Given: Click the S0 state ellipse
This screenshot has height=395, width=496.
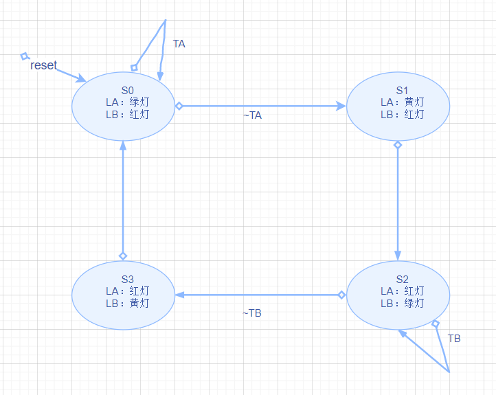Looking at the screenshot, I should point(123,104).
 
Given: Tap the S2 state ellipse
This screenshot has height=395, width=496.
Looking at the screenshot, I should point(398,295).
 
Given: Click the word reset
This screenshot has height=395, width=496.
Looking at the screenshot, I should point(44,66).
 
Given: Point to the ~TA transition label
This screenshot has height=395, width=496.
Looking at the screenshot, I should point(252,115).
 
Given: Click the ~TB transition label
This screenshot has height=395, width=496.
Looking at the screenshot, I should point(252,313).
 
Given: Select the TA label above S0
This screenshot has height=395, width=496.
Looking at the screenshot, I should point(179,44).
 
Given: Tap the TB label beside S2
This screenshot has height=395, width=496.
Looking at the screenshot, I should point(454,339).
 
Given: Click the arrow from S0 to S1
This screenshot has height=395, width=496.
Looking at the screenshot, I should point(261,106).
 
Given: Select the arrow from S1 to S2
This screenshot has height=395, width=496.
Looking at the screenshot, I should point(398,199).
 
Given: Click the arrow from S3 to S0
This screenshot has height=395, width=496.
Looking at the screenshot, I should point(123,199).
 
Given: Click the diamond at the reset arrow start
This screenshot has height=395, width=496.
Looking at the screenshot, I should point(25,56).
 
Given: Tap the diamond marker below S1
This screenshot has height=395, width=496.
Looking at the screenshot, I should point(398,145).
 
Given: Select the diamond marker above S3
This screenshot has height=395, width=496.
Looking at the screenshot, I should point(123,256).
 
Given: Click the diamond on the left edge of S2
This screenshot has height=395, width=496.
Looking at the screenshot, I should point(341,295).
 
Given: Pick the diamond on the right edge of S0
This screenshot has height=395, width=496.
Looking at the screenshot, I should point(179,106).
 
